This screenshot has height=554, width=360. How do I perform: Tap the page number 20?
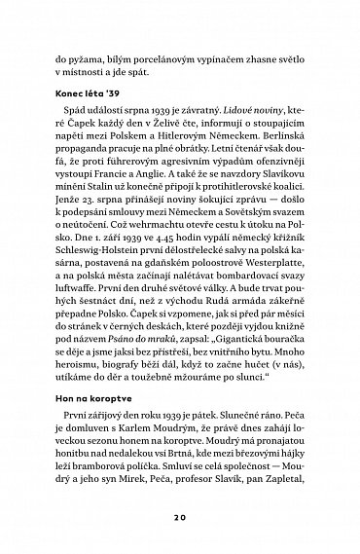tap(180, 517)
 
